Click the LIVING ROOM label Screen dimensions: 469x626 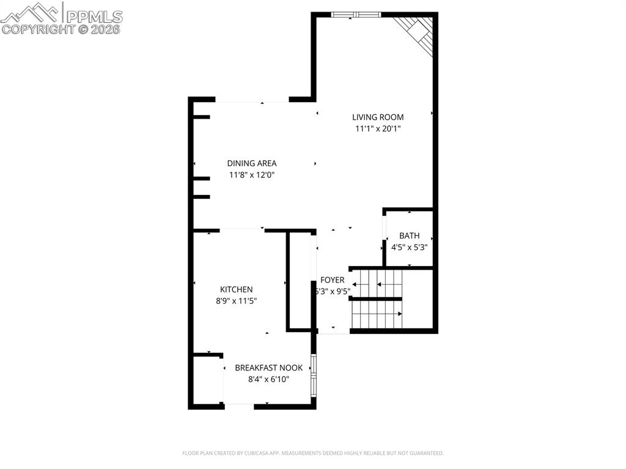tap(378, 117)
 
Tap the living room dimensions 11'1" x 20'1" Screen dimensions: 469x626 tap(378, 129)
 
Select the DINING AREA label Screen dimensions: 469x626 tap(252, 163)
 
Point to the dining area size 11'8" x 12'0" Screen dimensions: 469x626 tap(252, 175)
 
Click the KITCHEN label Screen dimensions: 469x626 tap(237, 289)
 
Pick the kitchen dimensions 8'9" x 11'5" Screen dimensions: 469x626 tap(237, 301)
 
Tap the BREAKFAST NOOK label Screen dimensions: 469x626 tap(268, 367)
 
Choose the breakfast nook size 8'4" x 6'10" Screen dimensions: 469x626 tap(268, 379)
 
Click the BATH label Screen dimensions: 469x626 tap(409, 235)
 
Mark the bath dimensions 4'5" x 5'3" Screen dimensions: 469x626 tap(409, 248)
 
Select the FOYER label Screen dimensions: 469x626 tap(333, 280)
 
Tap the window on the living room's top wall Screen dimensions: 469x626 tap(356, 13)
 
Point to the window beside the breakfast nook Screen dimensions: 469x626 tap(314, 374)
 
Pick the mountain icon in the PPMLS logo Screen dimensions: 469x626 tap(31, 12)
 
